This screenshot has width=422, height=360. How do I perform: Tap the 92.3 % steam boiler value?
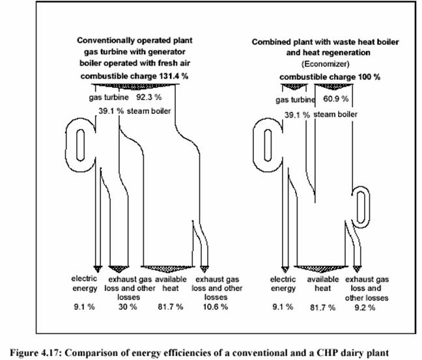149,97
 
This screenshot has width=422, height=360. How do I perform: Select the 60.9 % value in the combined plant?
336,99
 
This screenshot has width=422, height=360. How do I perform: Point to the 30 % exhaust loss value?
128,307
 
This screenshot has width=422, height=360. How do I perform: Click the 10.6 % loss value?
216,307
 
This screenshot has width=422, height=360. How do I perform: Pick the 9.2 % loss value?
365,307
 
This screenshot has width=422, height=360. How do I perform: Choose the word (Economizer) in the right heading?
326,64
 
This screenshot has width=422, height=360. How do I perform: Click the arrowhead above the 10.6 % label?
204,269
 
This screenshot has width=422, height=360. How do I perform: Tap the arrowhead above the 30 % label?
119,269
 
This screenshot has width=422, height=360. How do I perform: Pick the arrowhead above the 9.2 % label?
357,269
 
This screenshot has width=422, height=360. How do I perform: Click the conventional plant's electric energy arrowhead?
98,269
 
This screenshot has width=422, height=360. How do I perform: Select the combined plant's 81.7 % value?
323,307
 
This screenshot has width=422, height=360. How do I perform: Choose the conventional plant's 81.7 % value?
171,307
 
